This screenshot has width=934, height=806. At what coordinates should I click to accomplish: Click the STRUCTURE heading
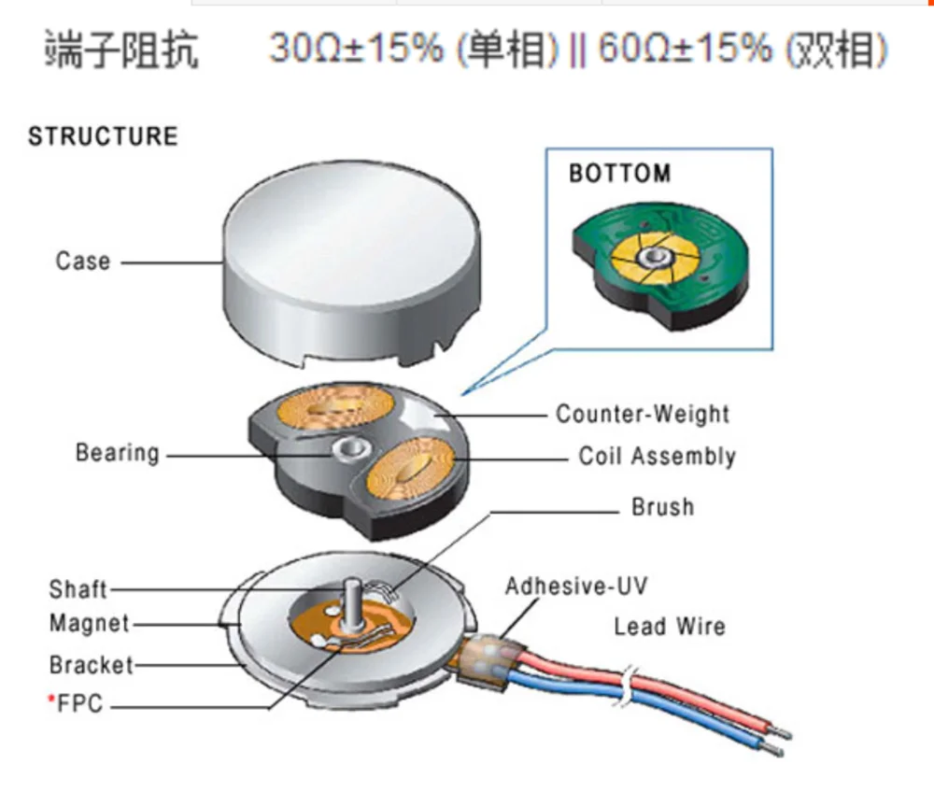(103, 136)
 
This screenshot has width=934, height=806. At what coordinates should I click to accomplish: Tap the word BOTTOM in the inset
(619, 174)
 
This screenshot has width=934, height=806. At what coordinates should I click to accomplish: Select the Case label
(83, 262)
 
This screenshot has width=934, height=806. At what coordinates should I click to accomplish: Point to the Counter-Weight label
(643, 414)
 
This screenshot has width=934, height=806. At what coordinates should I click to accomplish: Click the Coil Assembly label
(657, 457)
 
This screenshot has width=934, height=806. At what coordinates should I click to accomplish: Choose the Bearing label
(117, 454)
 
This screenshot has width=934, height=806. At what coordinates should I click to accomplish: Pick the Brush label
(663, 508)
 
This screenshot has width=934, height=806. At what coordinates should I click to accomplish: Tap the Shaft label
(78, 589)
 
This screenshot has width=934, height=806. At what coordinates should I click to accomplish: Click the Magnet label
(89, 623)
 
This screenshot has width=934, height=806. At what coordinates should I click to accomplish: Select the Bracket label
(91, 665)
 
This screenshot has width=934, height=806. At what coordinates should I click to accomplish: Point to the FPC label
(80, 705)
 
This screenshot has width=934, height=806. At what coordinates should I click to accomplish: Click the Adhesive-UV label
(575, 587)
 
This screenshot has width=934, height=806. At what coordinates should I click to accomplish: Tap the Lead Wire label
(669, 627)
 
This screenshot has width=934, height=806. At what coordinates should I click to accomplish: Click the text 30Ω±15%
(356, 49)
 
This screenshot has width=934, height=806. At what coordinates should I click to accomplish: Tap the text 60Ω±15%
(685, 49)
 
